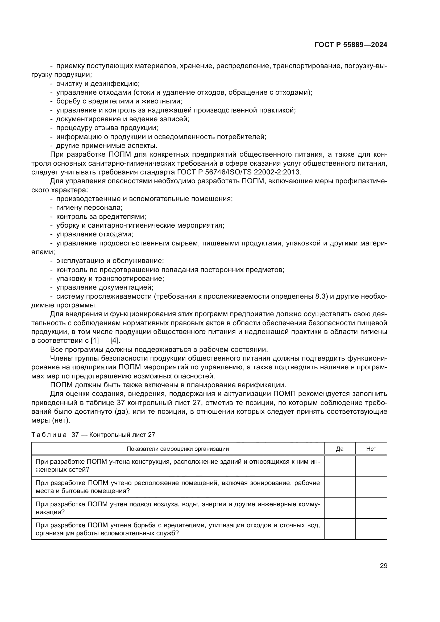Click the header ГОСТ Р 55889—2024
click(x=351, y=45)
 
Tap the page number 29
click(x=383, y=566)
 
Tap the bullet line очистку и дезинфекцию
click(x=98, y=84)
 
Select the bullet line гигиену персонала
click(x=89, y=208)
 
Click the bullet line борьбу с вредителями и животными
click(x=119, y=101)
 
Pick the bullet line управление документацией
click(x=105, y=287)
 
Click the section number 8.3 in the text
click(x=320, y=296)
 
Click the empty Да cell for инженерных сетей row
click(x=339, y=466)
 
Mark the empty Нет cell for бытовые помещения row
click(x=371, y=487)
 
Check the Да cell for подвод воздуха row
click(x=339, y=508)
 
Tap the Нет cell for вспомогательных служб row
click(x=371, y=529)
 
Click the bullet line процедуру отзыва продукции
click(x=107, y=128)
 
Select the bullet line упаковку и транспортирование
click(x=110, y=278)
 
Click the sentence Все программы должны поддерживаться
click(x=159, y=349)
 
